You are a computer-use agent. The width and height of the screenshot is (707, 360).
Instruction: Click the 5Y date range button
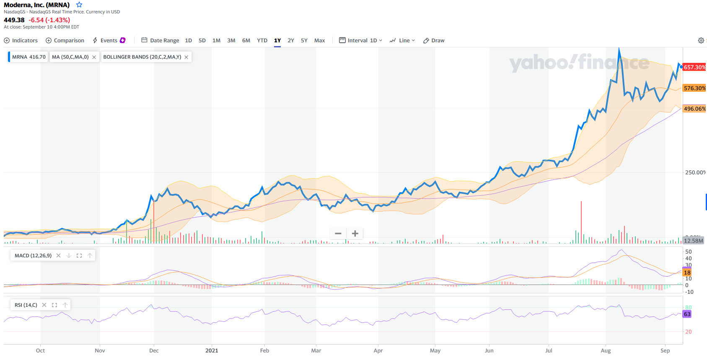[304, 41]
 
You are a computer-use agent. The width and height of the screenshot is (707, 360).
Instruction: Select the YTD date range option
[262, 41]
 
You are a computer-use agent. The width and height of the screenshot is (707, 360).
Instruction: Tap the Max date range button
[319, 41]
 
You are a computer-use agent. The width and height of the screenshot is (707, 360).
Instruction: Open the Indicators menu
[21, 41]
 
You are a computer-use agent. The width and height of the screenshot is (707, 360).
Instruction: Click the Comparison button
[65, 41]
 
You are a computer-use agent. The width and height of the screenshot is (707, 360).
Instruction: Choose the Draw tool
[434, 41]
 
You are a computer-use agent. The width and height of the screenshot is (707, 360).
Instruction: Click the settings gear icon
[701, 41]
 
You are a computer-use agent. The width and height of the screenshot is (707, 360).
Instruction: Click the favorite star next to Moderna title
[79, 5]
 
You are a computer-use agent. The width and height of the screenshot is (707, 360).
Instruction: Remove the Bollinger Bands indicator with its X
[186, 57]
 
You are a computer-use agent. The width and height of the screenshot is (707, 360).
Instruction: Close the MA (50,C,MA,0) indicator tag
[94, 57]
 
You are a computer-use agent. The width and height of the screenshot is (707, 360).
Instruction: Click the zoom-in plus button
[355, 233]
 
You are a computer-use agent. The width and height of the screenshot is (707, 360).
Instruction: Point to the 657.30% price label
[694, 67]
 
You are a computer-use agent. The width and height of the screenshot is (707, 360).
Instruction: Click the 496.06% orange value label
[694, 109]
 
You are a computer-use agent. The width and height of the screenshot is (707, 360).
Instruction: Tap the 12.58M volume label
[694, 241]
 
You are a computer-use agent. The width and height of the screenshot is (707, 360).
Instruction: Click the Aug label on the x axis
[606, 350]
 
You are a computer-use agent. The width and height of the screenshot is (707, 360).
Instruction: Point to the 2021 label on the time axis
[212, 350]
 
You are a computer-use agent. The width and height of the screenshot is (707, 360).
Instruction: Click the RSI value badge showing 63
[687, 314]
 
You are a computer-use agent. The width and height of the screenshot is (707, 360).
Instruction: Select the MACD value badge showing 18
[687, 272]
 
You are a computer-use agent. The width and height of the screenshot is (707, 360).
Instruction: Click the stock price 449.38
[14, 20]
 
